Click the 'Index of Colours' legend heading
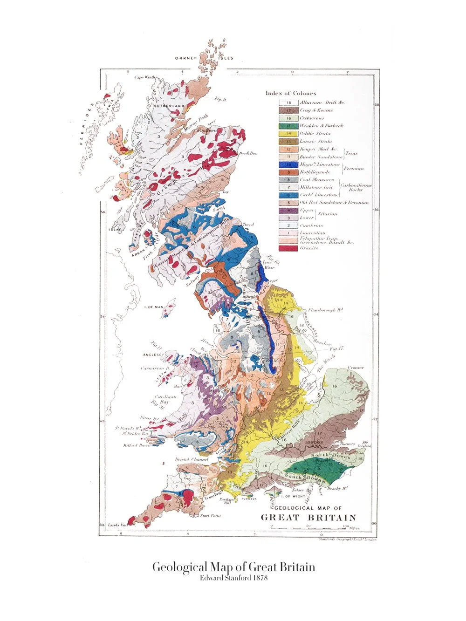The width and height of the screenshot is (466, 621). point(291,93)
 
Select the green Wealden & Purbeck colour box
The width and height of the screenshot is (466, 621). point(288,126)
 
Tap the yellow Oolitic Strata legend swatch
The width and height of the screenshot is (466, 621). point(288,133)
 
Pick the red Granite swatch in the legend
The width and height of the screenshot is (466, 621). point(288,248)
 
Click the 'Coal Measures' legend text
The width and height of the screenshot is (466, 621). point(316,179)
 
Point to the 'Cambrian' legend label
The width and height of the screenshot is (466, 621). point(312,225)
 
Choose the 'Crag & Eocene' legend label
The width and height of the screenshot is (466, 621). point(316,110)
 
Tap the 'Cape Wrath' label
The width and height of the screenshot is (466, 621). point(144,77)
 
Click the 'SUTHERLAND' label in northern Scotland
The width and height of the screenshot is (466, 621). point(169,106)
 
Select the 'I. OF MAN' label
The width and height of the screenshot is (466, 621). point(153,307)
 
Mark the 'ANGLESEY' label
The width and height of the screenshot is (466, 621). point(153,355)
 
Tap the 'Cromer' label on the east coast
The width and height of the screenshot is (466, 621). point(355,368)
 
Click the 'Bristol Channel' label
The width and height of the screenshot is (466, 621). point(192,459)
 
